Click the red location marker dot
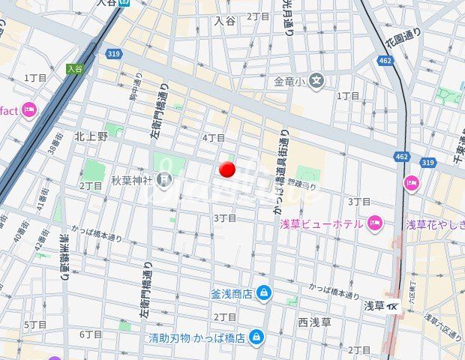[x=227, y=169]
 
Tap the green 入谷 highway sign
[x=73, y=68]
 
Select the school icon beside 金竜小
[x=317, y=80]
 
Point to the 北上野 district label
[x=91, y=136]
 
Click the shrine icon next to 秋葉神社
[x=164, y=179]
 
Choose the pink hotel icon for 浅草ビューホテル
[x=375, y=223]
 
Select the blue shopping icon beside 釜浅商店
[x=263, y=292]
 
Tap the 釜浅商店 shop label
[x=230, y=292]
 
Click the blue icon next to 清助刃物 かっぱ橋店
[x=256, y=337]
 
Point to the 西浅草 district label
[x=315, y=322]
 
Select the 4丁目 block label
[x=214, y=138]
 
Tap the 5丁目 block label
[x=35, y=325]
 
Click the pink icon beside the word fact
[x=29, y=111]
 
